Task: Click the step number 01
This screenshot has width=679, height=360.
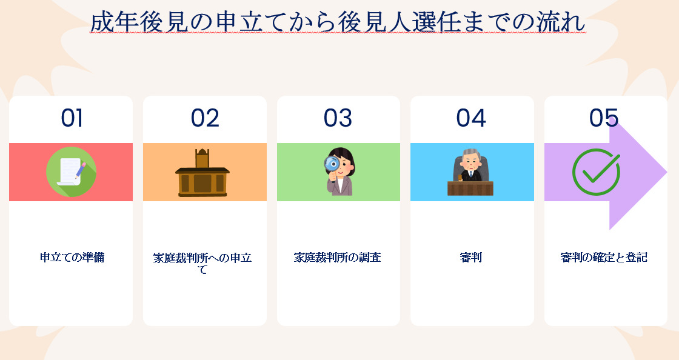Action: pyautogui.click(x=72, y=118)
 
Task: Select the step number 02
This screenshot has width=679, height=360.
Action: pyautogui.click(x=205, y=118)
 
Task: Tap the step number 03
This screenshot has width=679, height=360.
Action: pyautogui.click(x=338, y=118)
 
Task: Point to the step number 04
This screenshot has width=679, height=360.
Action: pyautogui.click(x=471, y=118)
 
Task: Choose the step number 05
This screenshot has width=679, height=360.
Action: pyautogui.click(x=604, y=118)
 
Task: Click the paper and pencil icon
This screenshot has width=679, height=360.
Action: pyautogui.click(x=71, y=172)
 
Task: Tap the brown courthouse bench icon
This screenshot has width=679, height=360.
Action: pyautogui.click(x=202, y=173)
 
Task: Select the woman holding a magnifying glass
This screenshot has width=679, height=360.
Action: pyautogui.click(x=339, y=172)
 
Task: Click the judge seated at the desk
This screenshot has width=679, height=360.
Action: pyautogui.click(x=470, y=172)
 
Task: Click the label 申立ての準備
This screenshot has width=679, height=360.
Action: pyautogui.click(x=72, y=258)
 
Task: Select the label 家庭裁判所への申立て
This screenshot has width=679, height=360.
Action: pyautogui.click(x=202, y=264)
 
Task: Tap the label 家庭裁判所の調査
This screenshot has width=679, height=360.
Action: pyautogui.click(x=337, y=258)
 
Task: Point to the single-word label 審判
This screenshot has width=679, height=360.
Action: pyautogui.click(x=470, y=258)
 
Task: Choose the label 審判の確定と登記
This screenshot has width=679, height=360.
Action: pyautogui.click(x=604, y=258)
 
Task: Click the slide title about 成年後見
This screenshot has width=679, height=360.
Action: pyautogui.click(x=338, y=22)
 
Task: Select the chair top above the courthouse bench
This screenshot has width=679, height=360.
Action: pyautogui.click(x=202, y=158)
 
